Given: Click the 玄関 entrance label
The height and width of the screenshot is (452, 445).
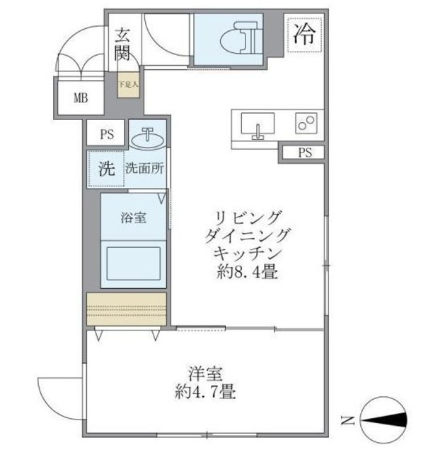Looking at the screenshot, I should click(122, 42).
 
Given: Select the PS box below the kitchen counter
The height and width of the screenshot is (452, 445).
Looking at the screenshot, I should click(304, 153).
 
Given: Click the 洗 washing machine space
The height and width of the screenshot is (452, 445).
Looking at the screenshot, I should click(105, 169).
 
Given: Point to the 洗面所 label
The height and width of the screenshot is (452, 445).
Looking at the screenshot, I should click(146, 169).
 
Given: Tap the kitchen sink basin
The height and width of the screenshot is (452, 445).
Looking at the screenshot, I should click(257, 126).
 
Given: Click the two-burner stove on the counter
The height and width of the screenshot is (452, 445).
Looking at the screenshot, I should click(307, 124).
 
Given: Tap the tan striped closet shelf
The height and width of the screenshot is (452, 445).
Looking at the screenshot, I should click(127, 308).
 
